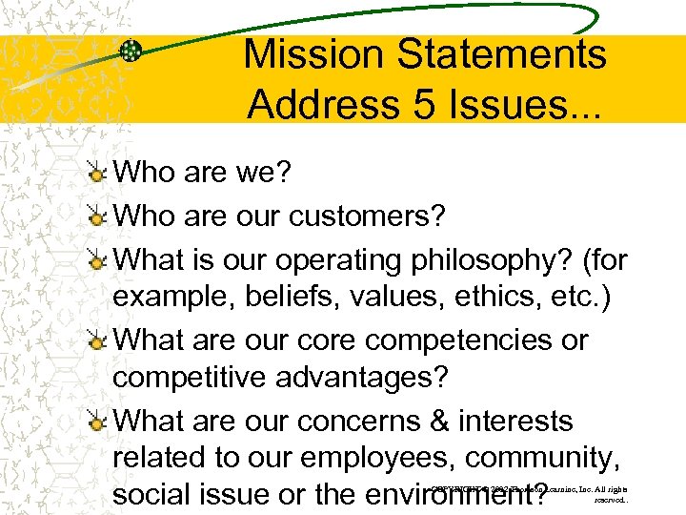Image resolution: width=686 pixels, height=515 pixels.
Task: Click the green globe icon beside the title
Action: pyautogui.click(x=131, y=52)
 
